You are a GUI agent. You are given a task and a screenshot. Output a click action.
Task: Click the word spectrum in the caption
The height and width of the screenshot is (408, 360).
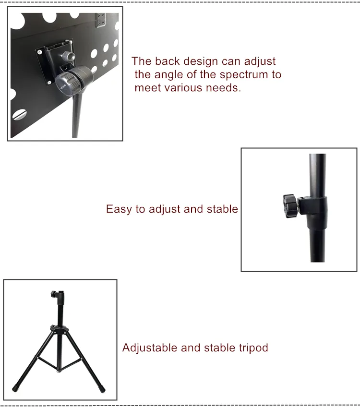click(244, 75)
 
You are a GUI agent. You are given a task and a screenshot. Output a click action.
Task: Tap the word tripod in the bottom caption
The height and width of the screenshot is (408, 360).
click(253, 348)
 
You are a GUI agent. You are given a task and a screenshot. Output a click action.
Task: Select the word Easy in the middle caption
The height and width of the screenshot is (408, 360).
click(119, 209)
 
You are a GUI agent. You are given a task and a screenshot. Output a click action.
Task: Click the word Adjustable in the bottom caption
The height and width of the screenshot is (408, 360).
click(150, 348)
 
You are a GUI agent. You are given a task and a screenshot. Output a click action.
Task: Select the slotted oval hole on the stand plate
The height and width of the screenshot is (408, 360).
click(20, 115)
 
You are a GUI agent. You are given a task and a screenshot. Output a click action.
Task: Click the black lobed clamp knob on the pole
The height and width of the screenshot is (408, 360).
click(290, 206)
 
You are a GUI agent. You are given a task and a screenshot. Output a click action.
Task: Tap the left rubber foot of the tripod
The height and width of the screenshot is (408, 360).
click(15, 388)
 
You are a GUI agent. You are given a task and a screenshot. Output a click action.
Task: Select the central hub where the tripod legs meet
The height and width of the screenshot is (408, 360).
click(60, 330)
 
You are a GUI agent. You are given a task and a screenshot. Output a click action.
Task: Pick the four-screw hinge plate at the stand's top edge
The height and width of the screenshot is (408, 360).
click(101, 20)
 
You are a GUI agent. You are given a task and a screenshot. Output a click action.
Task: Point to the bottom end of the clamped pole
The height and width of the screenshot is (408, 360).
click(318, 261)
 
